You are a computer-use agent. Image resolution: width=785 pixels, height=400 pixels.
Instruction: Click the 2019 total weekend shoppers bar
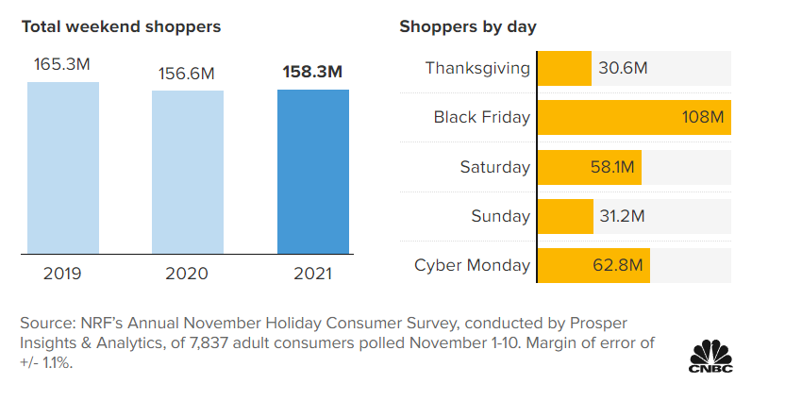coord(63,168)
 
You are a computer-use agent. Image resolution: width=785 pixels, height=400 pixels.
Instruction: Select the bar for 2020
coord(188,172)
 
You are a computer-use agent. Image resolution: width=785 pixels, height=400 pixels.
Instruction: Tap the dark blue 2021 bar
coord(312,172)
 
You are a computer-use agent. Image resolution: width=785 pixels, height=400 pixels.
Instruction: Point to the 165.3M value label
coord(62,66)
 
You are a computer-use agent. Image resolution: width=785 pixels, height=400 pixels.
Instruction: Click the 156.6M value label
coord(188,74)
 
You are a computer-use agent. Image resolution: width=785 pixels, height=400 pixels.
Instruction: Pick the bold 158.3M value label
coord(312,72)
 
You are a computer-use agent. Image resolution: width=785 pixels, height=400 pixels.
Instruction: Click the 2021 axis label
coord(312,274)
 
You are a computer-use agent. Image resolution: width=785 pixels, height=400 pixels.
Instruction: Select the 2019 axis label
coord(63,274)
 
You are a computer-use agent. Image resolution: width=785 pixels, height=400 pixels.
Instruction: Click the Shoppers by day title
coord(468,26)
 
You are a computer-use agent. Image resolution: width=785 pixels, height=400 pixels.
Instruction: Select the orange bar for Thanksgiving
coord(563,68)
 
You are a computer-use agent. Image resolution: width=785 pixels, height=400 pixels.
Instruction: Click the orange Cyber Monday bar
coord(593,265)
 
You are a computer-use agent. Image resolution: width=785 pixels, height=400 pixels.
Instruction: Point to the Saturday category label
coord(495,167)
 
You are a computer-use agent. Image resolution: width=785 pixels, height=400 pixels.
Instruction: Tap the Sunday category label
coord(501,216)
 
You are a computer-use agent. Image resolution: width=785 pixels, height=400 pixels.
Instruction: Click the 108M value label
coord(703,118)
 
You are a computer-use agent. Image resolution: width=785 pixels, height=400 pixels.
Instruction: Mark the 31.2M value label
coord(622,216)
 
